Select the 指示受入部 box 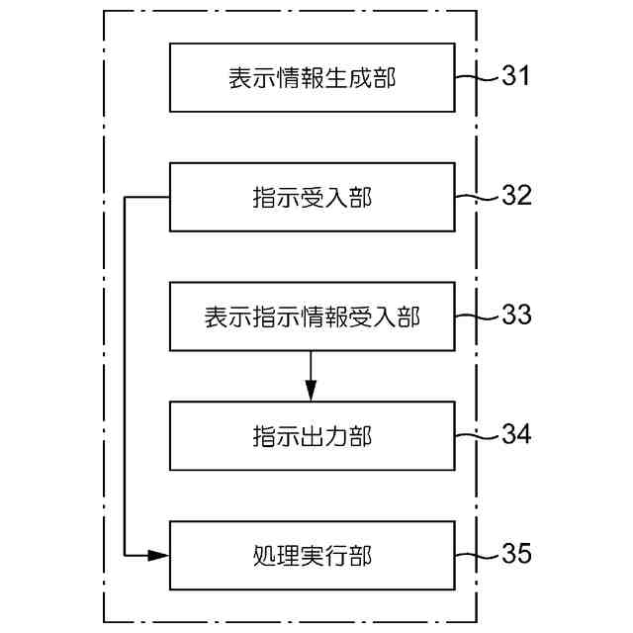click(312, 197)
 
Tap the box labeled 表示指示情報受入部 click(312, 316)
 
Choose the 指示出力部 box click(312, 435)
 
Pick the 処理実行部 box click(312, 554)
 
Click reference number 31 click(515, 76)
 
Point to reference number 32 click(515, 196)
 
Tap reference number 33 click(515, 316)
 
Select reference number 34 click(515, 434)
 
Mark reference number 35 click(515, 553)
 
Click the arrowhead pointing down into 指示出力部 click(311, 393)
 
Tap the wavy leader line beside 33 click(475, 316)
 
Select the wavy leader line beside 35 click(475, 554)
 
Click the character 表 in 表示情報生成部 click(238, 78)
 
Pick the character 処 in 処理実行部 click(262, 555)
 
